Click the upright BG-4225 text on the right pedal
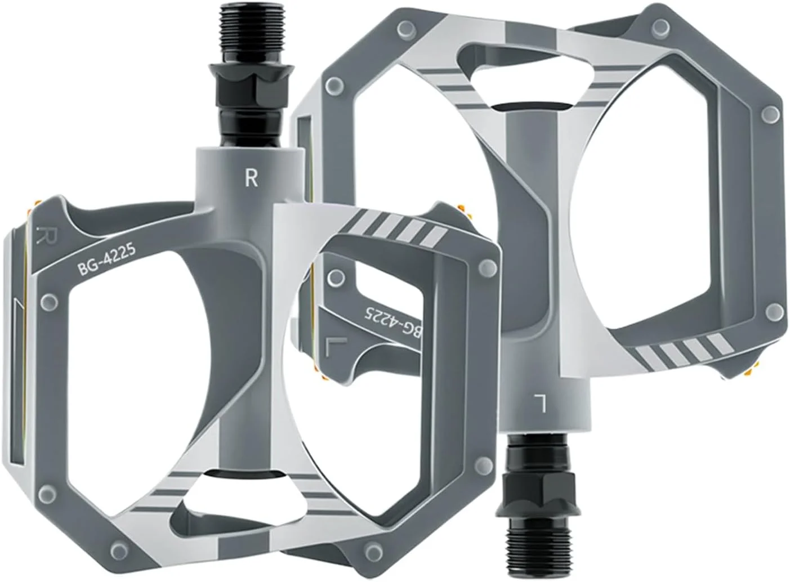point(106,260)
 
